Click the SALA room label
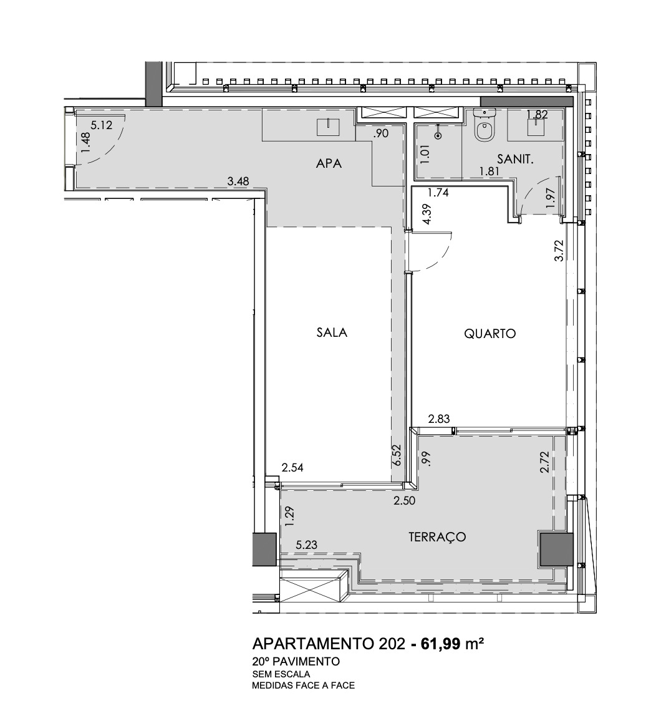pyautogui.click(x=332, y=332)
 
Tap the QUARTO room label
pyautogui.click(x=490, y=334)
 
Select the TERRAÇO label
pyautogui.click(x=438, y=536)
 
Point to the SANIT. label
pyautogui.click(x=515, y=159)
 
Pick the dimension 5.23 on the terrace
pyautogui.click(x=306, y=545)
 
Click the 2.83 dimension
pyautogui.click(x=439, y=419)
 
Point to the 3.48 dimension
pyautogui.click(x=238, y=182)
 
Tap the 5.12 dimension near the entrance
pyautogui.click(x=101, y=125)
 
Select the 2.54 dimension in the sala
pyautogui.click(x=292, y=467)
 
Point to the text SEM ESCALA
pyautogui.click(x=281, y=674)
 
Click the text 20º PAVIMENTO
pyautogui.click(x=296, y=661)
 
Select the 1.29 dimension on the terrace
pyautogui.click(x=289, y=517)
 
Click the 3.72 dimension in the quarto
pyautogui.click(x=559, y=250)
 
